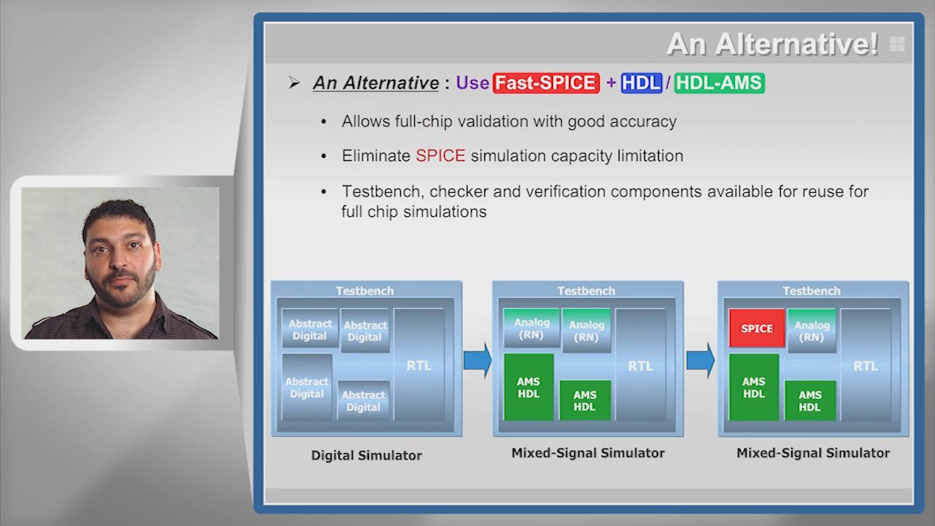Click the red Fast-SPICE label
(x=546, y=83)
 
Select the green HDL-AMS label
(x=720, y=83)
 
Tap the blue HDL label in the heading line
(x=641, y=83)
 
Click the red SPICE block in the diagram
(x=757, y=328)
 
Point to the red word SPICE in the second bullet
(x=440, y=156)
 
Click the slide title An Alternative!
(x=773, y=45)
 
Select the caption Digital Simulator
(x=367, y=455)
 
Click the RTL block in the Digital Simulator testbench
(x=419, y=365)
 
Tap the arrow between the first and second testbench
(x=478, y=360)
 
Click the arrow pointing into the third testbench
(x=701, y=360)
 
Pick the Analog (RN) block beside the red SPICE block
(x=812, y=331)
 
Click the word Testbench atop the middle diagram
(x=587, y=291)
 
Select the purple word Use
(x=473, y=83)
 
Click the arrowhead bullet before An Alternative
(x=294, y=83)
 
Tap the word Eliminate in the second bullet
(x=376, y=156)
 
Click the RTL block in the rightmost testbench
(x=866, y=365)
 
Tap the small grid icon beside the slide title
(x=897, y=44)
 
